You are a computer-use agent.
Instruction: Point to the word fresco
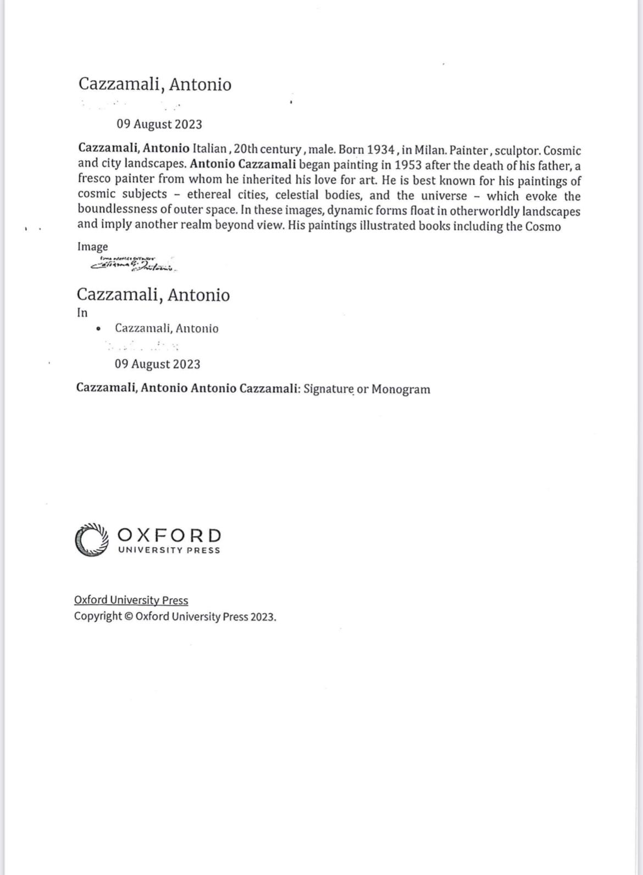(x=94, y=179)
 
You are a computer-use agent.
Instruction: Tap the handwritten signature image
(x=134, y=265)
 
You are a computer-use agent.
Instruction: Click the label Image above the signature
(x=92, y=247)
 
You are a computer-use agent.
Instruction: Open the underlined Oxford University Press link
(x=131, y=600)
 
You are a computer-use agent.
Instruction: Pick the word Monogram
(x=401, y=389)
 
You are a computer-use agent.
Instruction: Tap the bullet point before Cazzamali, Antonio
(x=98, y=329)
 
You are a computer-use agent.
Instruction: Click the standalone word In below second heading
(x=82, y=313)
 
